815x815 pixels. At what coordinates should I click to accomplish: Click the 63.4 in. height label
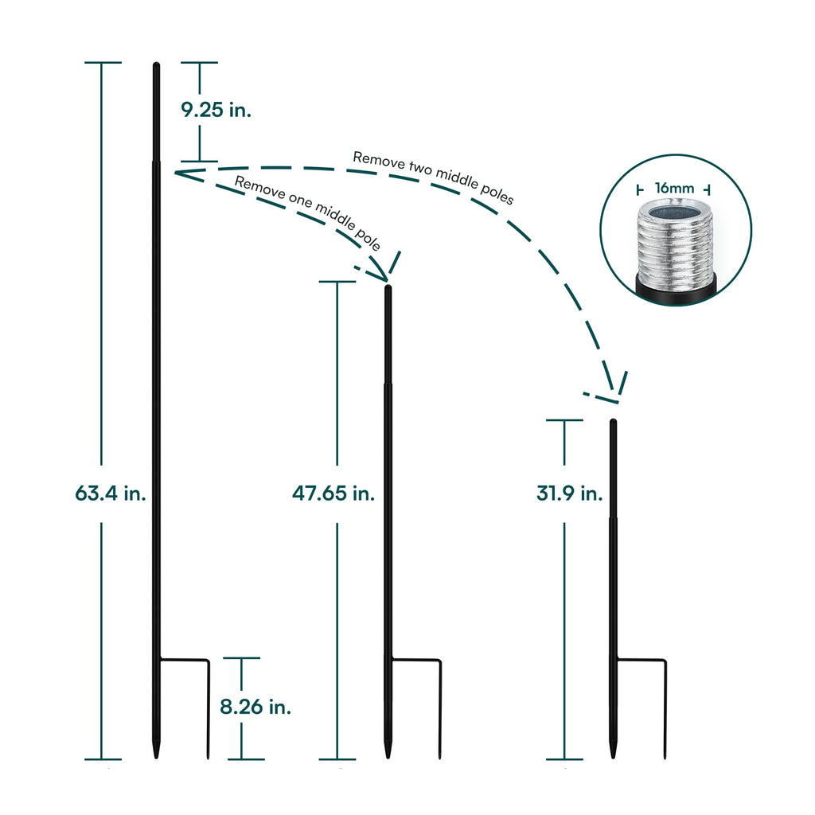point(111,493)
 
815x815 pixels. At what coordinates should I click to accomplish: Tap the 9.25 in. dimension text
point(216,111)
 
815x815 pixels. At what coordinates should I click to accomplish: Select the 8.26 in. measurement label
point(255,706)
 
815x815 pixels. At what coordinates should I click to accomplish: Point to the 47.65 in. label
point(333,493)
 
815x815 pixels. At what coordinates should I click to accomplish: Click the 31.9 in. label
point(568,493)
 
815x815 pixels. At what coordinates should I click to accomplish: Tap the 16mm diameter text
point(674,189)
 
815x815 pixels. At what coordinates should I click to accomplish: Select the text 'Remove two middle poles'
point(434,177)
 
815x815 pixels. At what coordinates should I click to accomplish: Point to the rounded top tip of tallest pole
point(157,65)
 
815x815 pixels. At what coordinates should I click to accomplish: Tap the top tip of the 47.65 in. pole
point(388,288)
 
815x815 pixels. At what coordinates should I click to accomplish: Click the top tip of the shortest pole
point(613,422)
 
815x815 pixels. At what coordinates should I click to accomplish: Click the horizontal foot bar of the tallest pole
point(184,659)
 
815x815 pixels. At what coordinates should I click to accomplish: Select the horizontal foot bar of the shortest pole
point(640,659)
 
